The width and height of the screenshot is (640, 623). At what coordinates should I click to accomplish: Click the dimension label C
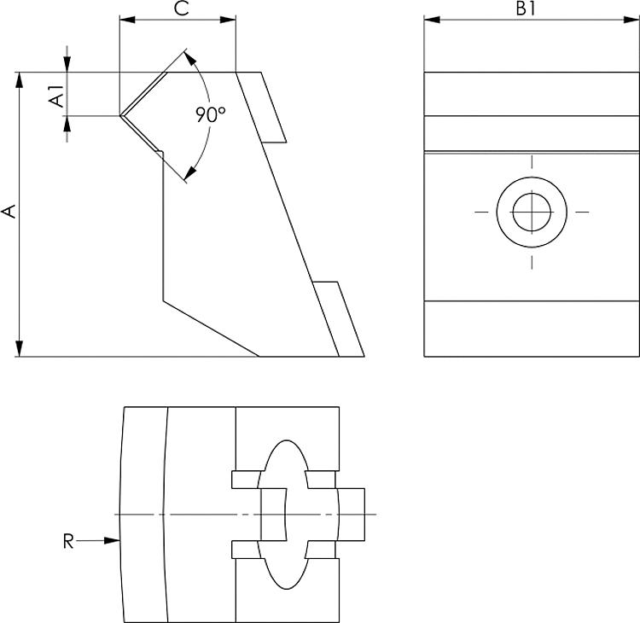(x=181, y=9)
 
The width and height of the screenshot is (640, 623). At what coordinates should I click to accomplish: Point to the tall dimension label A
(x=9, y=211)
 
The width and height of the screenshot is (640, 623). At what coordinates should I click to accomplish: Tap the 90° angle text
(x=210, y=114)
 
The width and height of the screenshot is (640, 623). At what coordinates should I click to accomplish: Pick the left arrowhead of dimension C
(x=125, y=19)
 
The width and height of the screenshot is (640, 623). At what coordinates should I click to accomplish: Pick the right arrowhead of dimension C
(x=230, y=19)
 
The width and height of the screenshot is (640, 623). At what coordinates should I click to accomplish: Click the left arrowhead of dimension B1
(x=430, y=19)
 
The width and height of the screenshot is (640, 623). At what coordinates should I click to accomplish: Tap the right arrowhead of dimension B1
(x=634, y=19)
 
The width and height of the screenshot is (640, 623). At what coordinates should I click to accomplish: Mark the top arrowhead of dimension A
(x=19, y=79)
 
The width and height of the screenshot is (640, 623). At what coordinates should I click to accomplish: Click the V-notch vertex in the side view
(x=120, y=115)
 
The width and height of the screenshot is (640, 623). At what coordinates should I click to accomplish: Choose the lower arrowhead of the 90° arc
(x=189, y=174)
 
